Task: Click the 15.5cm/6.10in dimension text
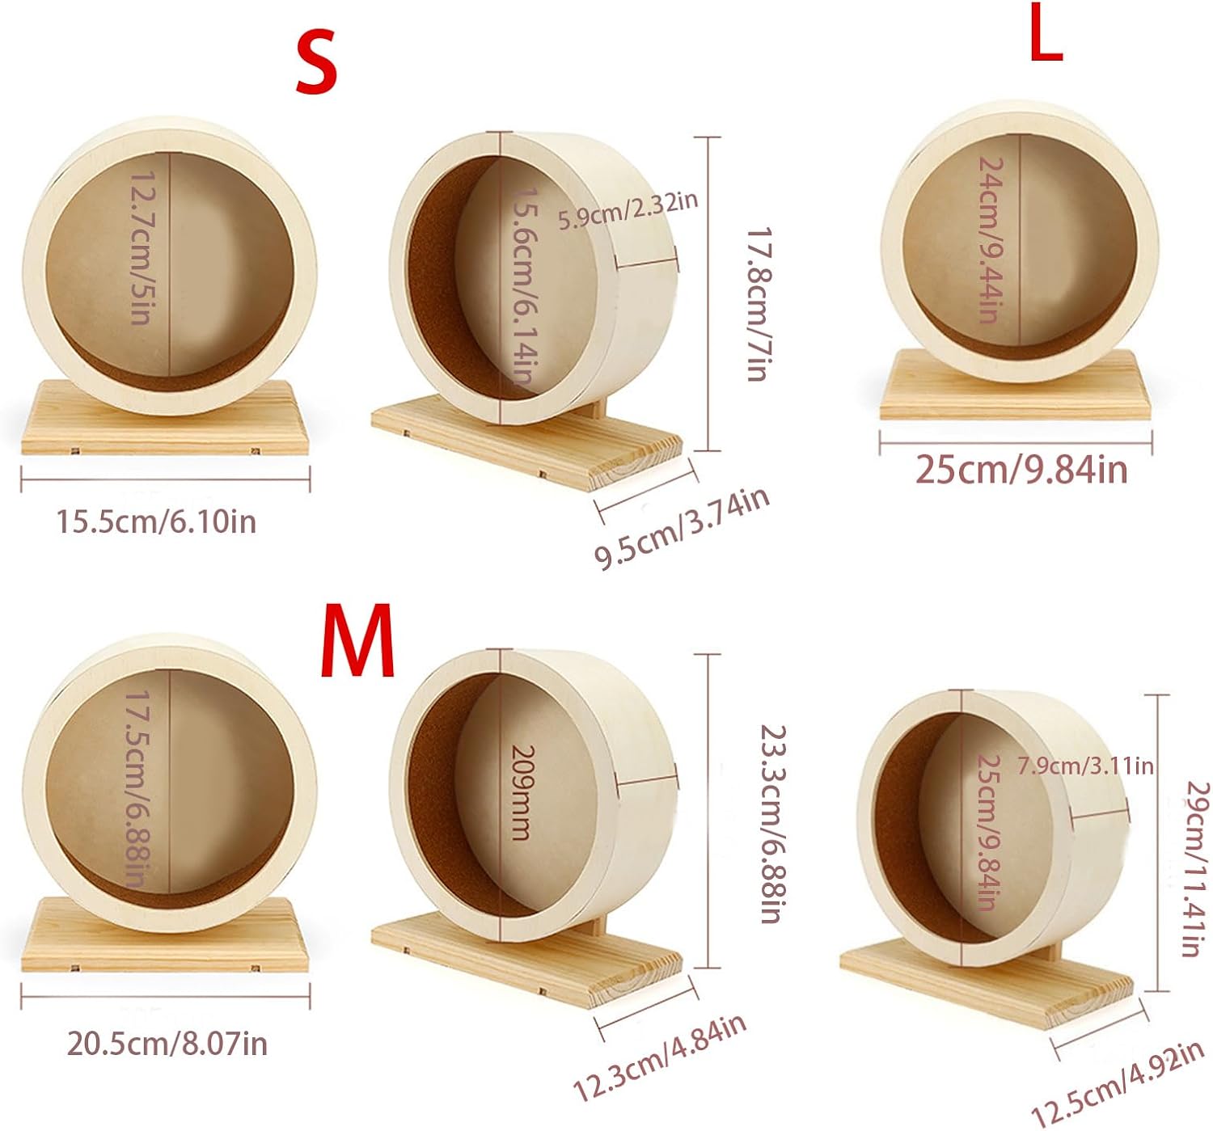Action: coord(156,522)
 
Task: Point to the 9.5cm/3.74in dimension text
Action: coord(682,529)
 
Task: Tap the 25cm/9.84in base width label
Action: coord(1021,470)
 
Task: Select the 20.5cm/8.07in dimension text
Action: coord(167,1044)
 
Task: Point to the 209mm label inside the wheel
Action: coord(524,792)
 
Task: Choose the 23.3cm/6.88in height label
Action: coord(771,823)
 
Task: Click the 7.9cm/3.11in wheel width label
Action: coord(1085,766)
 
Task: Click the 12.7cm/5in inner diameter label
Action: coord(141,247)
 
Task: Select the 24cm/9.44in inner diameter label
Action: coord(990,239)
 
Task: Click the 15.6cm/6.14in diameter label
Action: coord(526,286)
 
